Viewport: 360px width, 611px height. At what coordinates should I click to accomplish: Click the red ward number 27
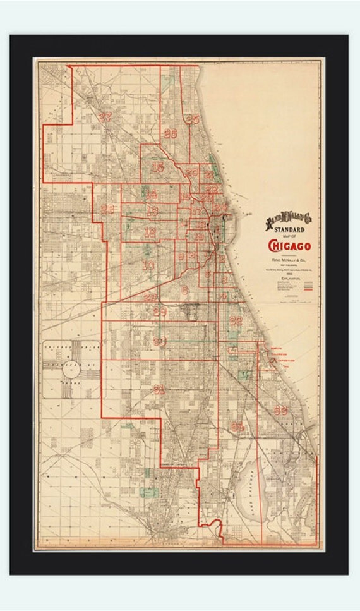pyautogui.click(x=105, y=116)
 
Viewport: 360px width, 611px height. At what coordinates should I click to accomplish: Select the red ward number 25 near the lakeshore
pyautogui.click(x=193, y=119)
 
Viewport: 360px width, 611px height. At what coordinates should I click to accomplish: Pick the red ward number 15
pyautogui.click(x=157, y=167)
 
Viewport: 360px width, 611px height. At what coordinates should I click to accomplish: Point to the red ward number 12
pyautogui.click(x=150, y=233)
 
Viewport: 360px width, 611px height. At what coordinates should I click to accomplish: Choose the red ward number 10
pyautogui.click(x=148, y=266)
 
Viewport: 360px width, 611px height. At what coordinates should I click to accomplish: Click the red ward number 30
pyautogui.click(x=160, y=342)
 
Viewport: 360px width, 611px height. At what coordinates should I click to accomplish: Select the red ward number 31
pyautogui.click(x=159, y=389)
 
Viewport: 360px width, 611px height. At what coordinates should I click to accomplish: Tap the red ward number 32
pyautogui.click(x=236, y=320)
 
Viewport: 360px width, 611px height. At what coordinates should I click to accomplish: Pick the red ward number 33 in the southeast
pyautogui.click(x=280, y=409)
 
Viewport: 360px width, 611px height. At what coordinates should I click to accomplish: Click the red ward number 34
pyautogui.click(x=237, y=426)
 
